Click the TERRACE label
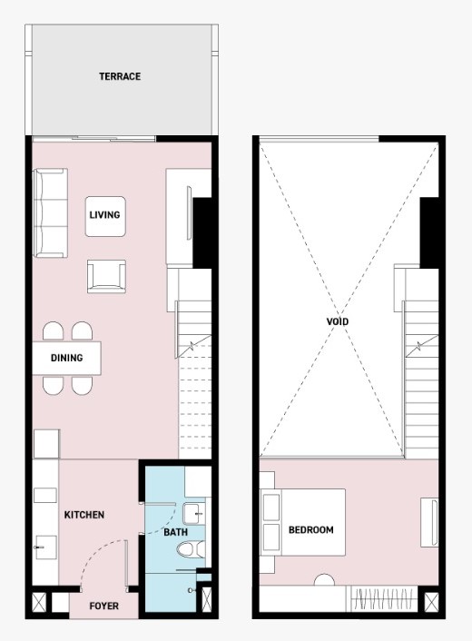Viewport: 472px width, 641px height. click(120, 76)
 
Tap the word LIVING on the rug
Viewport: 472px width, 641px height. click(105, 215)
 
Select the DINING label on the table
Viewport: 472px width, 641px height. click(66, 358)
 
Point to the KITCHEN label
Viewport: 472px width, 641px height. click(84, 515)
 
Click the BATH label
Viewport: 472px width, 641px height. click(176, 532)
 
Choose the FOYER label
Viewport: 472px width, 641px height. click(104, 606)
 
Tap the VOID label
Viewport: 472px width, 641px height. click(338, 321)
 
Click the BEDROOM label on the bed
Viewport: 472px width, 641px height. click(311, 530)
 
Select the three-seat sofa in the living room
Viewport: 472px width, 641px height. click(50, 213)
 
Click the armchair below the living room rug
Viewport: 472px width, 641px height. click(106, 276)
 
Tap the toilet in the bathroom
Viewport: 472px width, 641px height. click(192, 549)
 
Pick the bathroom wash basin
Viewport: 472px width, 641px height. click(193, 514)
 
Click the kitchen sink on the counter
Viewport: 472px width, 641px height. click(45, 547)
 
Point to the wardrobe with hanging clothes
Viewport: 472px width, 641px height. click(382, 599)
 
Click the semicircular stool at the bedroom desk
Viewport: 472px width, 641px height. click(324, 580)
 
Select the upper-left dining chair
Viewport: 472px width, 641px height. click(54, 331)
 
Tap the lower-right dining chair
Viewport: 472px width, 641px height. click(82, 385)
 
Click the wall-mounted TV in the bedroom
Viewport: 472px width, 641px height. click(429, 522)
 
